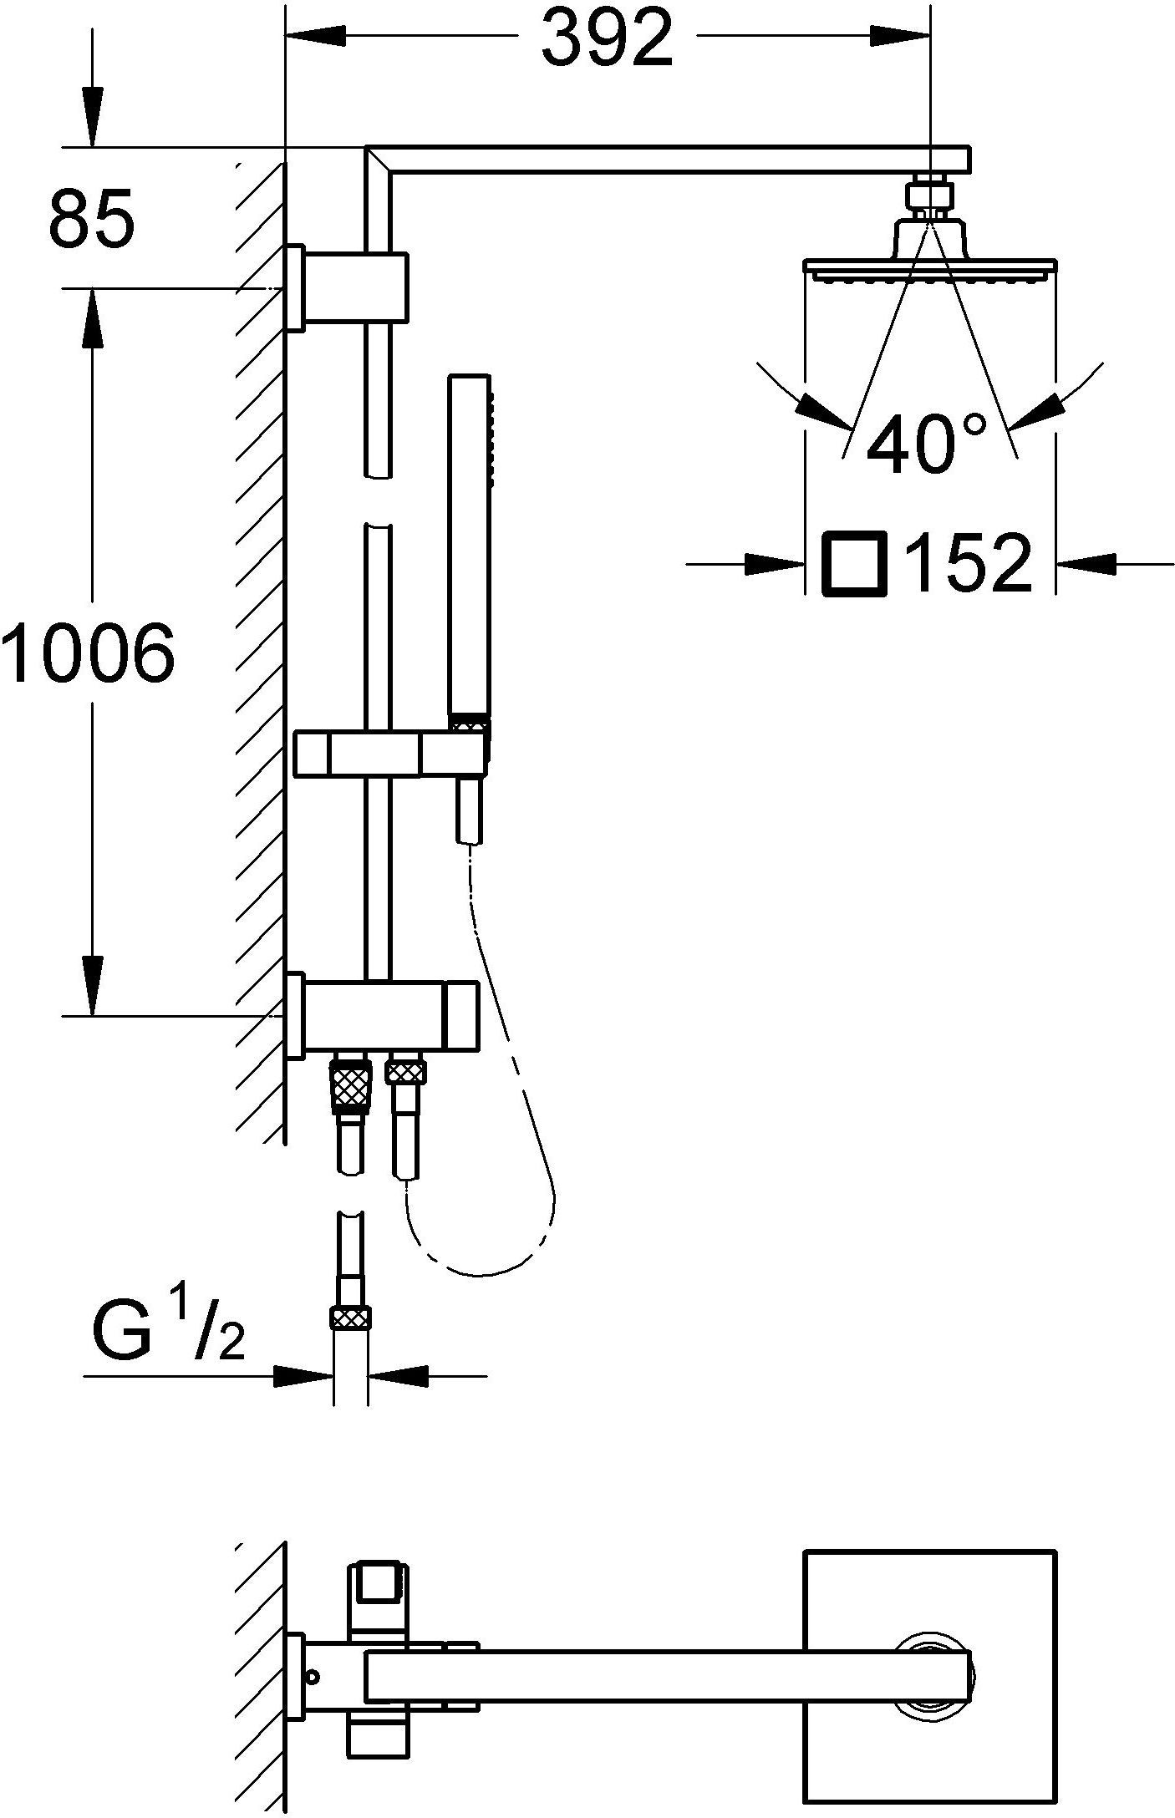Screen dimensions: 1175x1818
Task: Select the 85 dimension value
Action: pyautogui.click(x=91, y=217)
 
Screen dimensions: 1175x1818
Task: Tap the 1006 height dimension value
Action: pyautogui.click(x=89, y=651)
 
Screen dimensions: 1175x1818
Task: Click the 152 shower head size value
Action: pyautogui.click(x=969, y=564)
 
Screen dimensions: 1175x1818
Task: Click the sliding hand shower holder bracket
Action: pyautogui.click(x=390, y=752)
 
